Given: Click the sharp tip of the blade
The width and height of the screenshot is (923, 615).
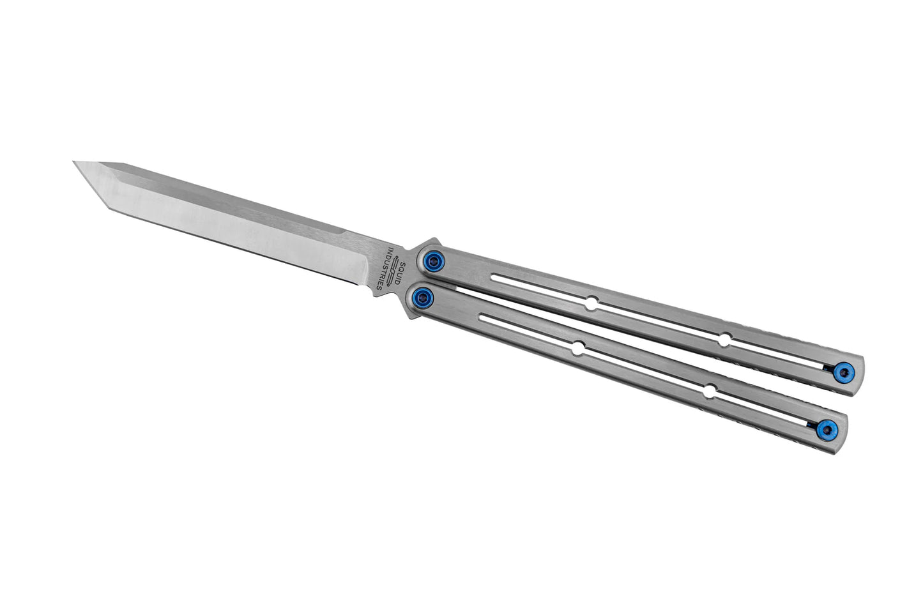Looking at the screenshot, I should [75, 162].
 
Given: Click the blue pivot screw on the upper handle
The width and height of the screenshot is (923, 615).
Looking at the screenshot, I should [435, 260].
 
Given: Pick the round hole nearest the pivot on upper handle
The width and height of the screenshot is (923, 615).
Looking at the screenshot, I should [592, 305].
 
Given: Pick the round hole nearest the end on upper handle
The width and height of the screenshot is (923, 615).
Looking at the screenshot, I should [724, 340].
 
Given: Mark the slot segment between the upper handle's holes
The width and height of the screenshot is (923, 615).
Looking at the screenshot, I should [658, 323].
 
